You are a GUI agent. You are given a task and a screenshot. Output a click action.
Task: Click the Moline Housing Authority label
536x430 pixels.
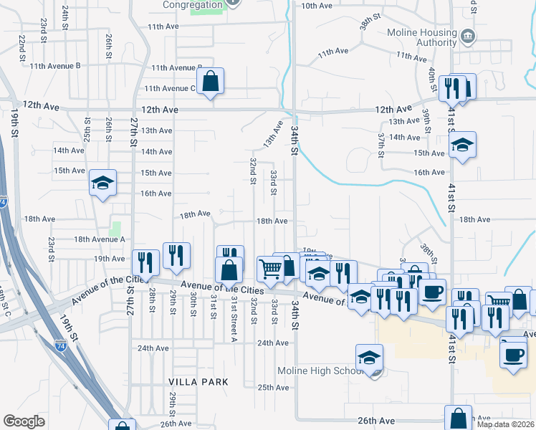(421, 38)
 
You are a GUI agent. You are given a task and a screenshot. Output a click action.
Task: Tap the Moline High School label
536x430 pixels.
(322, 371)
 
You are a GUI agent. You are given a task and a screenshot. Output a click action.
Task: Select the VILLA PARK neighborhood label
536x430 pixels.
(198, 382)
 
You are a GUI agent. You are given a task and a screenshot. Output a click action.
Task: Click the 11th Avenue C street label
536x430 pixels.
(170, 89)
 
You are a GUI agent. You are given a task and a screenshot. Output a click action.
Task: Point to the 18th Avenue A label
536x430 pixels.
(100, 239)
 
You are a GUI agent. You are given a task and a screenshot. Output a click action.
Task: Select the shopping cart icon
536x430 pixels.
(270, 269)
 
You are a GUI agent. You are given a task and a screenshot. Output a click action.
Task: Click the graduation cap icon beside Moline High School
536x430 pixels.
(370, 357)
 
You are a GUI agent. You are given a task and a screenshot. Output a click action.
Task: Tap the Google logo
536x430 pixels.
(24, 421)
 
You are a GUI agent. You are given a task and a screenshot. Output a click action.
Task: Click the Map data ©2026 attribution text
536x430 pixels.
(505, 424)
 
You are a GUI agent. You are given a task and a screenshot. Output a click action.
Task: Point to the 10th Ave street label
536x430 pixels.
(317, 6)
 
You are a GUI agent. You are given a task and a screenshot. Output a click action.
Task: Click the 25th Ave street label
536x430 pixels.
(273, 388)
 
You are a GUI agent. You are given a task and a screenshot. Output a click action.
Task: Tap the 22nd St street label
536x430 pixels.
(22, 47)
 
